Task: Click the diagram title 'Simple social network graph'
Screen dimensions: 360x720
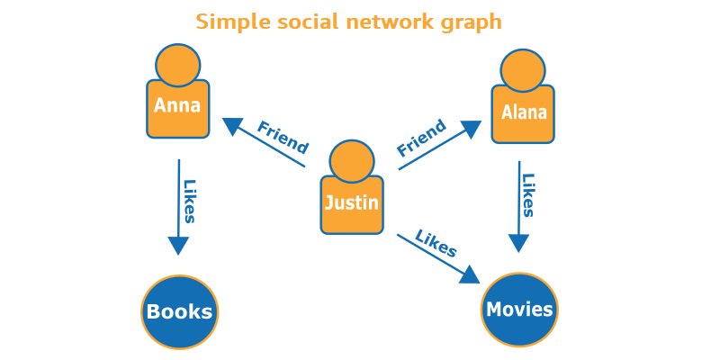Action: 349,21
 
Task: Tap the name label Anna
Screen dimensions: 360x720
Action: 177,105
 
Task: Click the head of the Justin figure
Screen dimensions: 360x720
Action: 352,160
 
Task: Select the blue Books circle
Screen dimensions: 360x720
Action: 180,312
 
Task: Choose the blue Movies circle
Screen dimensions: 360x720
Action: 519,310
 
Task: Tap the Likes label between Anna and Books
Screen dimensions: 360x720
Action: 191,201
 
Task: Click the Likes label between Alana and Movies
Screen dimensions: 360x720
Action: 529,195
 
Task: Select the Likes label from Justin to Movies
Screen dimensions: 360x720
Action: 436,243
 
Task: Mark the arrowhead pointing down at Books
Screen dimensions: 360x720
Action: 178,245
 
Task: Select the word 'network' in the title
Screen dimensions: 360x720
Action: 389,21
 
